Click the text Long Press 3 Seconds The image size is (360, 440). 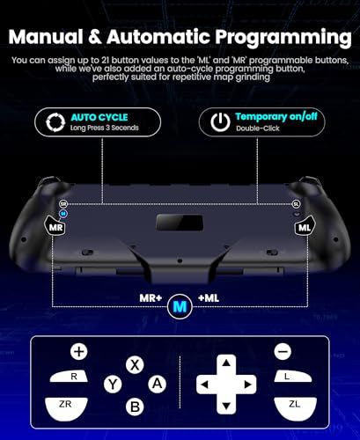[104, 129]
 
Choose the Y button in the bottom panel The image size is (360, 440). [113, 385]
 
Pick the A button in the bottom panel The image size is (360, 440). [157, 384]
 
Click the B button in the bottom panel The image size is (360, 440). [135, 406]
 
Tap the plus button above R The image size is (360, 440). [79, 351]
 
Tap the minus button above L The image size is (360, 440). [282, 351]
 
